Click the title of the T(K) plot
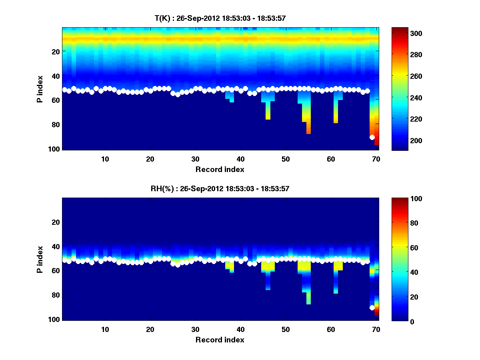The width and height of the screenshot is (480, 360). [220, 18]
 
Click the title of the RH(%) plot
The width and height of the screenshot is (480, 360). [220, 189]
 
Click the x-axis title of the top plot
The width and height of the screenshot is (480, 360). [220, 169]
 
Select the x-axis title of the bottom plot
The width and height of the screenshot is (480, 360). [220, 340]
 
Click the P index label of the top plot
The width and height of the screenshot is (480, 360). [40, 88]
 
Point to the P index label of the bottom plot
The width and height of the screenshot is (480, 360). [40, 259]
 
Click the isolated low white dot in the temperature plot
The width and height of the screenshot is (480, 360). [372, 137]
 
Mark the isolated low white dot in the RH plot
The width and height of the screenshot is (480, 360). [372, 308]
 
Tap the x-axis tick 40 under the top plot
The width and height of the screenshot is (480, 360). [240, 159]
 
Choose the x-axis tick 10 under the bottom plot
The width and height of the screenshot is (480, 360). [105, 329]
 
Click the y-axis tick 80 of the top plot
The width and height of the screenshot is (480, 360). [56, 124]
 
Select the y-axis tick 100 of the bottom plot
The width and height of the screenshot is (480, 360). [54, 319]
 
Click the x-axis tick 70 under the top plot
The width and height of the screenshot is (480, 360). [376, 159]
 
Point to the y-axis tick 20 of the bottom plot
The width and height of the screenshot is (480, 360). [56, 222]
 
